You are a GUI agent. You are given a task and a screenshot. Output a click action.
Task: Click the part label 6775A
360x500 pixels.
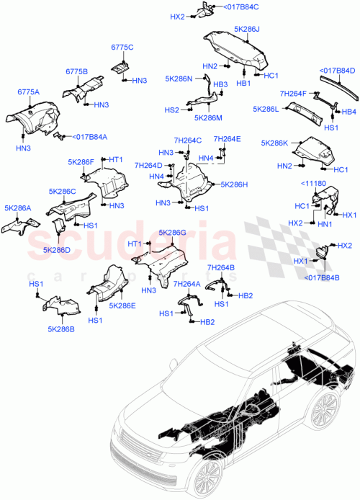point(29,91)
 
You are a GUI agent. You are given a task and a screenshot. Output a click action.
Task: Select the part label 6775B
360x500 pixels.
point(76,72)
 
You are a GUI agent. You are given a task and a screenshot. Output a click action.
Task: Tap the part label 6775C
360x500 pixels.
point(122,47)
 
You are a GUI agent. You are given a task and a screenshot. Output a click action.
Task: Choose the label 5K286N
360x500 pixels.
point(179,79)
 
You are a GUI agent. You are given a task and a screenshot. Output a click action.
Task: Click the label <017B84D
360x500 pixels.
point(338,71)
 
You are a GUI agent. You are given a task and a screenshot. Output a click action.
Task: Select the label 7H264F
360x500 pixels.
point(293,94)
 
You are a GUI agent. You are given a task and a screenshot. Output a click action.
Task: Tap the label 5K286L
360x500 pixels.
point(266,109)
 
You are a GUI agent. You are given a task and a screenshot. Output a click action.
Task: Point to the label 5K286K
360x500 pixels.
point(275,143)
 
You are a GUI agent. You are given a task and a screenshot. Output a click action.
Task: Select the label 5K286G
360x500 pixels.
point(172,233)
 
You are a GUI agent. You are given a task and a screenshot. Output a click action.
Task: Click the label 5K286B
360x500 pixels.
point(61,329)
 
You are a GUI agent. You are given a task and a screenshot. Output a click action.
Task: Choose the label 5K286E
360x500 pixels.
point(122,305)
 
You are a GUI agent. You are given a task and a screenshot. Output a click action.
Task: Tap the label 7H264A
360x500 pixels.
point(186,284)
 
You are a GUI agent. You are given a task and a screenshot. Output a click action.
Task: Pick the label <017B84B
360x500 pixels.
point(321,278)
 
